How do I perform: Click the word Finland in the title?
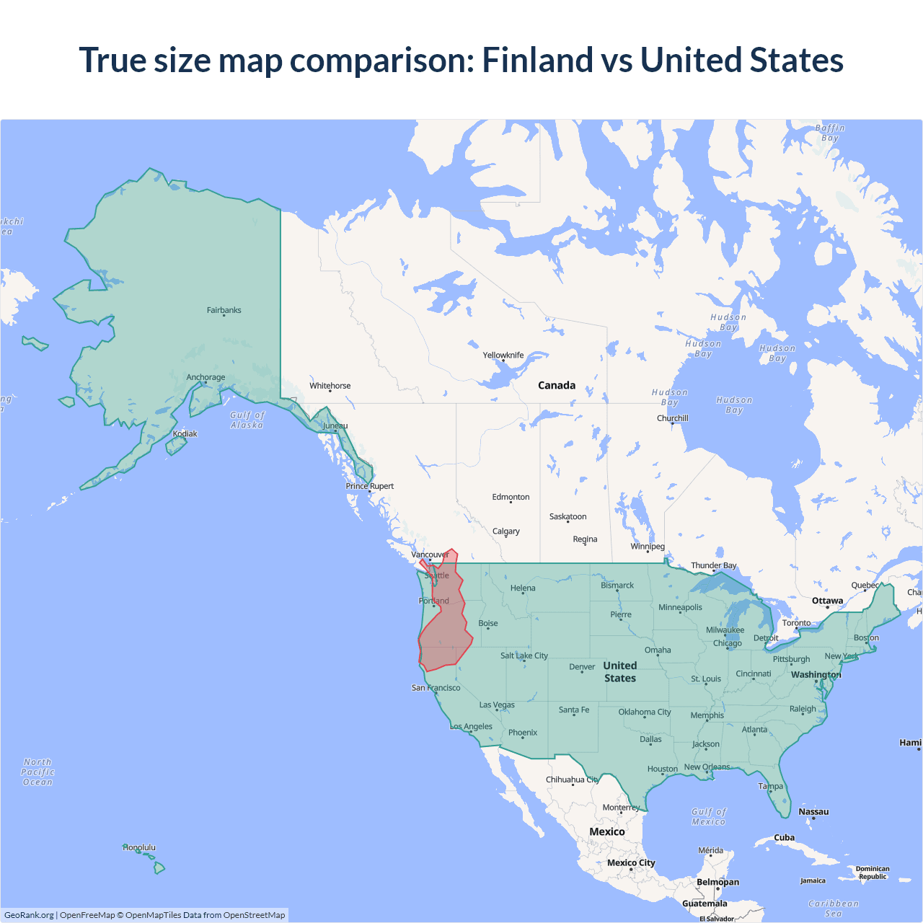coord(537,60)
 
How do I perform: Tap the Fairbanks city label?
coord(224,310)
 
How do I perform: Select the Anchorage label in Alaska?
coord(206,377)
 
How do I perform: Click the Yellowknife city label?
coord(503,355)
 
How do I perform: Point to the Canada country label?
coord(557,385)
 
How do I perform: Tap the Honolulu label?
coord(139,847)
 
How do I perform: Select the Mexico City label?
coord(631,862)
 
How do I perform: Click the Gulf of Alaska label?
coord(247,420)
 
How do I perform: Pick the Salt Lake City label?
coord(524,655)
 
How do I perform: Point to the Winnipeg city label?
coord(648,546)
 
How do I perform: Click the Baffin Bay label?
coord(830,133)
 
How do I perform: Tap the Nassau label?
coord(813,811)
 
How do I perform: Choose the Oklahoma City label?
coord(645,712)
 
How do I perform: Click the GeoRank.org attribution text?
coord(29,915)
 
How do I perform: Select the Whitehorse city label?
coord(330,386)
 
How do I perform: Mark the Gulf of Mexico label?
coord(709,816)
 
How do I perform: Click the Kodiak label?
coord(185,433)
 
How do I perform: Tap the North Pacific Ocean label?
coord(37,772)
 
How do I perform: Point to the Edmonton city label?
coord(511,497)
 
